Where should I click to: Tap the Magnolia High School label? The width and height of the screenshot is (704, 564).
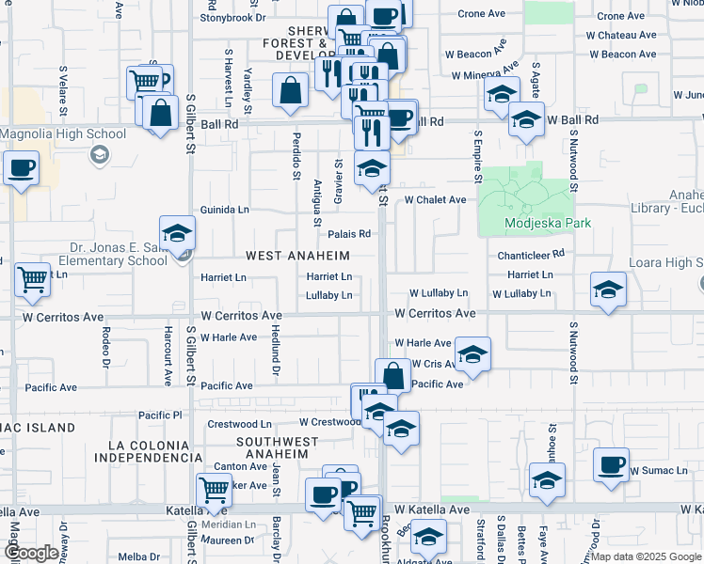(63, 133)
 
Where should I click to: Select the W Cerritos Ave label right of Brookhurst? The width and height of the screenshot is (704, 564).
(436, 313)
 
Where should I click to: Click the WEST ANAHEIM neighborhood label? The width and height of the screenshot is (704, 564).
(297, 256)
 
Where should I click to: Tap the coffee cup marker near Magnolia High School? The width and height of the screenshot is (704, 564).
(20, 169)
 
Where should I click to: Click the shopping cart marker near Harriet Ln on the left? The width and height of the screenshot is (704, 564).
(32, 279)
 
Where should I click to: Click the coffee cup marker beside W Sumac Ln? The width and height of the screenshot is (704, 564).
(613, 464)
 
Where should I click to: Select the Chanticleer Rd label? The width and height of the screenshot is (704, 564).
(531, 253)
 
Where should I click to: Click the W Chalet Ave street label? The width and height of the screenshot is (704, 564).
(435, 199)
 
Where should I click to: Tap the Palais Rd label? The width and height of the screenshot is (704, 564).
(349, 234)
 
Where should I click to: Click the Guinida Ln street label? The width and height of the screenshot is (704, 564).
(225, 210)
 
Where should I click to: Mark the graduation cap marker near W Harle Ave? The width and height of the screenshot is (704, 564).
(472, 353)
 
